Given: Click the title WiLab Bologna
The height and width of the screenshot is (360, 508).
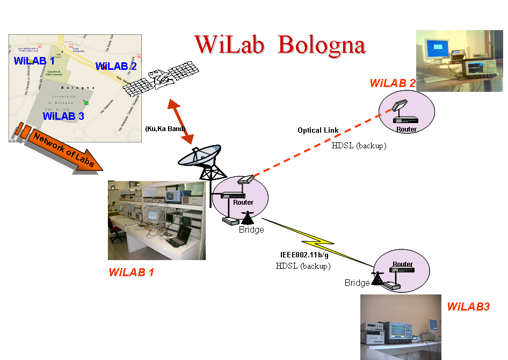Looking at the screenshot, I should pos(280,45).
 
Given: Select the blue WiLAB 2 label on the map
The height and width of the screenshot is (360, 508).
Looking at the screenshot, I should pos(116,66).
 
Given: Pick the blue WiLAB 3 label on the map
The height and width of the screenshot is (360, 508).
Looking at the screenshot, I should pos(63,116).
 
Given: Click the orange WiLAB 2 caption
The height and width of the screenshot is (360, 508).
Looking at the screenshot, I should pos(393,83).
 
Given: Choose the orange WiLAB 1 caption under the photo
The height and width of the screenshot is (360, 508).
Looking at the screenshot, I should pos(131,272).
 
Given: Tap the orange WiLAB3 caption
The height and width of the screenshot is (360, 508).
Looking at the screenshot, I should pos(468,307).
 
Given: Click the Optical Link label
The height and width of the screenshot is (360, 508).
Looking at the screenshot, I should pos(318,131).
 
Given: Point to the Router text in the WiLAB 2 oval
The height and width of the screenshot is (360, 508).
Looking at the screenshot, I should pos(406,129).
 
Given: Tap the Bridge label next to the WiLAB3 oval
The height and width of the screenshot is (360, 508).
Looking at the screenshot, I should pos(357,283).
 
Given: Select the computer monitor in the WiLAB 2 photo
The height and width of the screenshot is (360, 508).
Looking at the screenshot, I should pos(436,51).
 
